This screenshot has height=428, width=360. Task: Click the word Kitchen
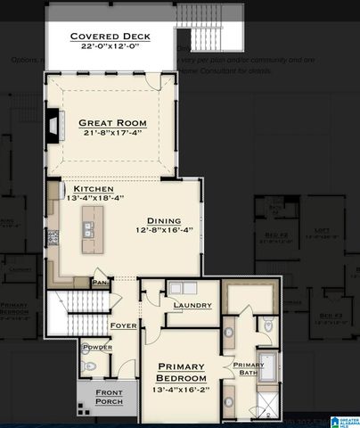point(94,189)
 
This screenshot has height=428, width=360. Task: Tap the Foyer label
point(123,325)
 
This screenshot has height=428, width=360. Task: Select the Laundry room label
point(193,306)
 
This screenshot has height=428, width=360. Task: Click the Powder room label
point(96,347)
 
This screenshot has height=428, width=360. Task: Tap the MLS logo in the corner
point(343,420)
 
